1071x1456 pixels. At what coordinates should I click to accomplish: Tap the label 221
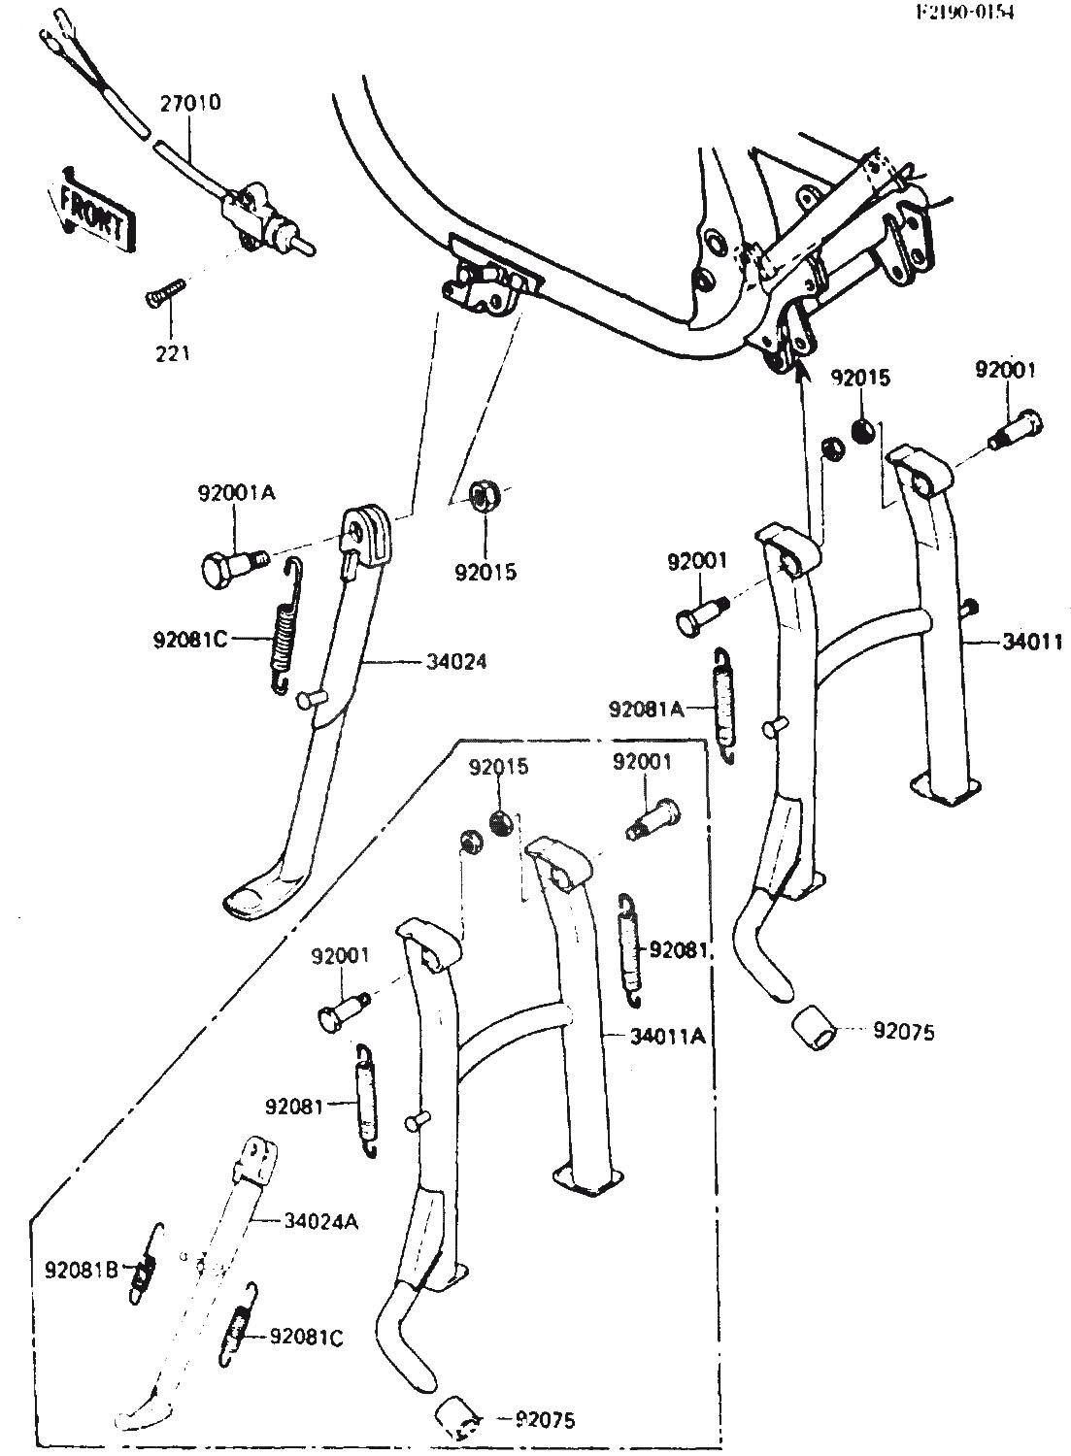point(171,353)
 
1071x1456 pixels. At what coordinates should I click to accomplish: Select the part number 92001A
point(237,493)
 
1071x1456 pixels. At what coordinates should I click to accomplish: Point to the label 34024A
point(321,1221)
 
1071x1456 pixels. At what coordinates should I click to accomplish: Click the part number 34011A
point(666,1037)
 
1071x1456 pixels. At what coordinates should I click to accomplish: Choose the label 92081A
point(646,710)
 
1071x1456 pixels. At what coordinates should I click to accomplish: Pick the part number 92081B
point(82,1268)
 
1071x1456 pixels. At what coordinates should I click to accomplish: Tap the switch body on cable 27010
point(254,210)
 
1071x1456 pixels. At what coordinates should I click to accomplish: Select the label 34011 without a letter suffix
point(1032,642)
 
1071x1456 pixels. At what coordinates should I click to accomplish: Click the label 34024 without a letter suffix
point(456,663)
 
